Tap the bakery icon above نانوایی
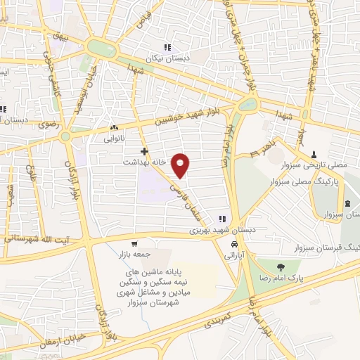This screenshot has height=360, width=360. (x=114, y=128)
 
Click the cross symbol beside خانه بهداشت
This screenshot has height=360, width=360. (x=144, y=151)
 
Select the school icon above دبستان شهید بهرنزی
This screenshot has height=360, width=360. (x=222, y=219)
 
